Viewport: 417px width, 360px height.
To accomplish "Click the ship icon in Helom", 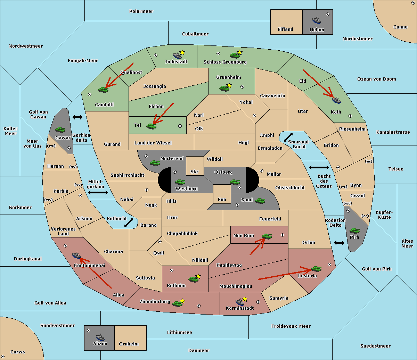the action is click(x=317, y=20).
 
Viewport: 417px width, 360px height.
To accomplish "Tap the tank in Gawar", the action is click(x=60, y=129).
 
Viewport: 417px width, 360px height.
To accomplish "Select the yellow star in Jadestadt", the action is click(x=182, y=53).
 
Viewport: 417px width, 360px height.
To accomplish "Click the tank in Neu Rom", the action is click(x=267, y=236).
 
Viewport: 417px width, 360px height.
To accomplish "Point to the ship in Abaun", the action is click(x=100, y=337).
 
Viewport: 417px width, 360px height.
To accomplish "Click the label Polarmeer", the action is click(x=141, y=11).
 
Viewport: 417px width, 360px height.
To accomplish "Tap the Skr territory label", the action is click(x=195, y=171).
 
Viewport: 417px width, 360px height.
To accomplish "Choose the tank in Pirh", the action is click(x=354, y=231).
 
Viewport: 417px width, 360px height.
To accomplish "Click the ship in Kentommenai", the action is click(x=76, y=255).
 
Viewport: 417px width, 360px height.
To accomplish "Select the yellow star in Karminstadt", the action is click(x=245, y=299).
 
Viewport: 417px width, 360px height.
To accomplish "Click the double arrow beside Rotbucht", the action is click(x=129, y=223).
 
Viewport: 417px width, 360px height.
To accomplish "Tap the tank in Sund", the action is click(x=260, y=201).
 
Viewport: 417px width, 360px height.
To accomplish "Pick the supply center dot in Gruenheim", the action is click(x=242, y=87).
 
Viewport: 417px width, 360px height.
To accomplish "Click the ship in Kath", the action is click(x=336, y=100).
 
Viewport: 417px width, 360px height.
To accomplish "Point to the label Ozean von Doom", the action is click(x=377, y=79).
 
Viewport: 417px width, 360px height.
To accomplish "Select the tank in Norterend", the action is click(x=155, y=163).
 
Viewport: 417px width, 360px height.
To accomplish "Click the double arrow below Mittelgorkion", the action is click(x=98, y=192).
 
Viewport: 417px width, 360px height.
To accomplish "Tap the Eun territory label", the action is click(x=222, y=199).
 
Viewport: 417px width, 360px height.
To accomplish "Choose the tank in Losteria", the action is click(x=316, y=269).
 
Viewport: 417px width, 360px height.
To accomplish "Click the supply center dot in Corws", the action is click(x=3, y=357).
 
